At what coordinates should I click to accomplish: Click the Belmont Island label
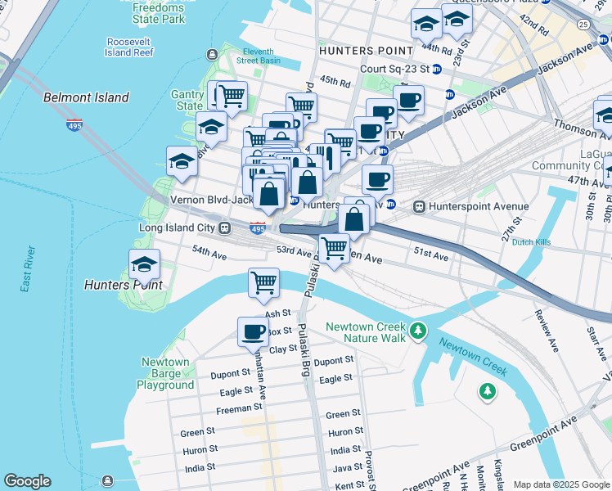pyautogui.click(x=86, y=97)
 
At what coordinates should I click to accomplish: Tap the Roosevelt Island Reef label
pyautogui.click(x=129, y=47)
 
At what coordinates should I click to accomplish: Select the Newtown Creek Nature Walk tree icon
pyautogui.click(x=419, y=331)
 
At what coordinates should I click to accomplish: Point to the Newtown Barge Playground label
pyautogui.click(x=165, y=373)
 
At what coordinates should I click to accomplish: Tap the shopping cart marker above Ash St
pyautogui.click(x=263, y=282)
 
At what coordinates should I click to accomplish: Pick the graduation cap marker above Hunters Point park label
pyautogui.click(x=144, y=264)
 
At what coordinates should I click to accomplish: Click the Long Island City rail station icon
pyautogui.click(x=223, y=227)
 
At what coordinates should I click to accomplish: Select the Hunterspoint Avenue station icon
pyautogui.click(x=421, y=206)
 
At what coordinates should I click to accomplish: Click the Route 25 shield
pyautogui.click(x=583, y=25)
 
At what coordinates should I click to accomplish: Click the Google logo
pyautogui.click(x=27, y=481)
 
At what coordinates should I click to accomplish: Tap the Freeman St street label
pyautogui.click(x=238, y=408)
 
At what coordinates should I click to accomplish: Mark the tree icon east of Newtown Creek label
pyautogui.click(x=488, y=391)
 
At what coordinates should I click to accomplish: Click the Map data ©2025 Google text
pyautogui.click(x=560, y=484)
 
